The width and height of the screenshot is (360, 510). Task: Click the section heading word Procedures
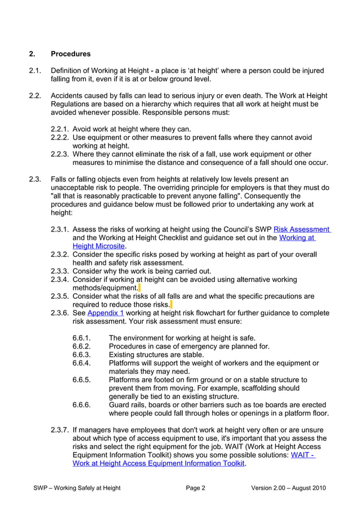pyautogui.click(x=71, y=54)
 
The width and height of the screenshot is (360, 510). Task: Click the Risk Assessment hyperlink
pyautogui.click(x=301, y=229)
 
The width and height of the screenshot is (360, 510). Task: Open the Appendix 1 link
pyautogui.click(x=106, y=312)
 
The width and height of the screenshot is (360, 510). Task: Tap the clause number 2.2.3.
pyautogui.click(x=60, y=154)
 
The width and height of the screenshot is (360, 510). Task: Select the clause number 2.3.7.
pyautogui.click(x=60, y=430)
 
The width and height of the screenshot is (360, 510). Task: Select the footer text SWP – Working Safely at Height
pyautogui.click(x=77, y=488)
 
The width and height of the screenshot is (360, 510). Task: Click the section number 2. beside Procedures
pyautogui.click(x=32, y=54)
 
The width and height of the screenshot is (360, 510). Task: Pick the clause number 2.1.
pyautogui.click(x=35, y=71)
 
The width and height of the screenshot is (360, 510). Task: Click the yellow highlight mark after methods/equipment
pyautogui.click(x=139, y=287)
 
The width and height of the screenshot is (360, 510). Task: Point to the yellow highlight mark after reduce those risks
pyautogui.click(x=171, y=304)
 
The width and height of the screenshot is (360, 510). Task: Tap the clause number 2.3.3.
pyautogui.click(x=60, y=271)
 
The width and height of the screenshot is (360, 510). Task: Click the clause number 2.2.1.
pyautogui.click(x=60, y=129)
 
